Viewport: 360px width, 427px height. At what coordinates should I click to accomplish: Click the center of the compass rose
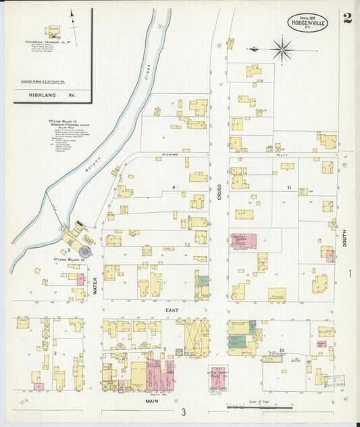click(282, 49)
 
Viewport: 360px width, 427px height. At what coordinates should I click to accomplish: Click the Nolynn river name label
click(97, 166)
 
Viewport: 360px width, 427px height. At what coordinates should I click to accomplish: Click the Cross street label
click(220, 193)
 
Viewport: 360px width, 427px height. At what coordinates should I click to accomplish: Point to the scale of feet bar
click(260, 407)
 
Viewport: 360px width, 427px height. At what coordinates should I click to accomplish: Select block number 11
click(288, 187)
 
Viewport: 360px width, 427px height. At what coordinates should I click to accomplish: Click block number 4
click(173, 186)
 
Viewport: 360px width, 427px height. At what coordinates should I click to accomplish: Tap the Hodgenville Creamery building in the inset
click(53, 30)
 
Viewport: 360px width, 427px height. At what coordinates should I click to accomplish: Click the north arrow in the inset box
click(72, 24)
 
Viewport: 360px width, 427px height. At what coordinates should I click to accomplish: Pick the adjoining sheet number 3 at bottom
click(182, 412)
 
